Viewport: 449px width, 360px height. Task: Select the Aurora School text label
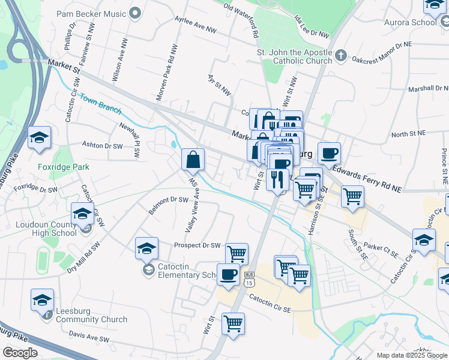412,22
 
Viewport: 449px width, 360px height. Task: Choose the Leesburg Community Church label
91,316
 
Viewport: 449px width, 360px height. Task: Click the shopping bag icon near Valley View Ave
193,160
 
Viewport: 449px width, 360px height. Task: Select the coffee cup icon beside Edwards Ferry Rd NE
329,153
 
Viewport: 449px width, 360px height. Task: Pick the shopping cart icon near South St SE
352,196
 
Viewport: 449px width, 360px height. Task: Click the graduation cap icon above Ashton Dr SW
39,137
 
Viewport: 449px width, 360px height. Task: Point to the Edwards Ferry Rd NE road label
367,175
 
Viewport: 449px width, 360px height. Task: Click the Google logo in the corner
20,353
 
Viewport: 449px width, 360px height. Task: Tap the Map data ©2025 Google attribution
412,355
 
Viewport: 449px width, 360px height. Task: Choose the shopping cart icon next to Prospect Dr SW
237,254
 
